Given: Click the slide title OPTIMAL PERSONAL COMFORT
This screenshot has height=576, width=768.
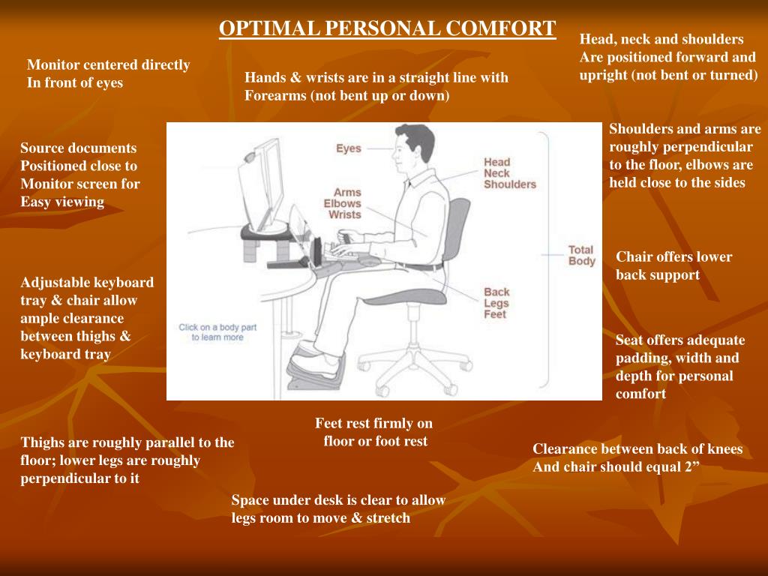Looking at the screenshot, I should coord(387,28).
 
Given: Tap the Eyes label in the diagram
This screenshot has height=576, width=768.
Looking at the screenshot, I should coord(348,148).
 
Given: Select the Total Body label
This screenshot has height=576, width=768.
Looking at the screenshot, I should coord(581,256).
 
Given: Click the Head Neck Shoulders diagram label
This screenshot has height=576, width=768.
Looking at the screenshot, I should coord(509,173).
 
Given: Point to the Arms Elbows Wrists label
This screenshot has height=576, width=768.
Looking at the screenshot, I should coord(342,203).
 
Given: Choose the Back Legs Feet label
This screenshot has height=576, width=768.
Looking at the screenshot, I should coord(496,303).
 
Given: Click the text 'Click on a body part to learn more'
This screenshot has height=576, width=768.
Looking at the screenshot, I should coord(217,332).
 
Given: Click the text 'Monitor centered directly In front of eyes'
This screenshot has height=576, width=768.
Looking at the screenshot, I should coord(108,73).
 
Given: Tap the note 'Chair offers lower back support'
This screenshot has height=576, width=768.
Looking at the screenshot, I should coord(673,265).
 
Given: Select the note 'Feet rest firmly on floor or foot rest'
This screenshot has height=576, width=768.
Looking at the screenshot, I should coord(374,432).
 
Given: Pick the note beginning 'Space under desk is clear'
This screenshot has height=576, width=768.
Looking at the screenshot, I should coord(338,508).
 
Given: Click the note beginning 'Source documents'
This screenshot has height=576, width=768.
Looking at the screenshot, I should coord(79,175).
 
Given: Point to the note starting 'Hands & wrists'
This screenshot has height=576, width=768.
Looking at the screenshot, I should coord(376,86).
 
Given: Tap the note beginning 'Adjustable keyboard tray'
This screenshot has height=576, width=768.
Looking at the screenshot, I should coord(87,318).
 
